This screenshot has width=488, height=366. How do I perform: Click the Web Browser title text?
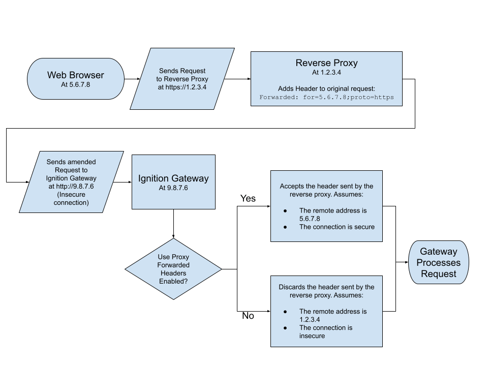pyautogui.click(x=75, y=75)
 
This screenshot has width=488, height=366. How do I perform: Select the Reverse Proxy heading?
pyautogui.click(x=326, y=63)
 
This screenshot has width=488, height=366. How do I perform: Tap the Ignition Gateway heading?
pyautogui.click(x=173, y=178)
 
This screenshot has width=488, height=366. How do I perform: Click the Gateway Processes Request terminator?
pyautogui.click(x=438, y=262)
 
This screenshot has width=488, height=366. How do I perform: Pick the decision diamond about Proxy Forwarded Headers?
pyautogui.click(x=174, y=269)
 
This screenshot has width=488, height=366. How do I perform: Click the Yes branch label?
pyautogui.click(x=248, y=198)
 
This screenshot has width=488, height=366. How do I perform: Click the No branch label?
pyautogui.click(x=248, y=316)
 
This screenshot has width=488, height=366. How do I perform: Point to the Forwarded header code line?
pyautogui.click(x=326, y=97)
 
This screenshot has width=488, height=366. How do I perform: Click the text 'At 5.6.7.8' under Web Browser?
pyautogui.click(x=75, y=84)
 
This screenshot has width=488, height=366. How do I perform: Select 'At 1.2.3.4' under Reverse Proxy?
pyautogui.click(x=326, y=72)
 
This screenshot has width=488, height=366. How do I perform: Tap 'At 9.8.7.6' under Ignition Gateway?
pyautogui.click(x=173, y=188)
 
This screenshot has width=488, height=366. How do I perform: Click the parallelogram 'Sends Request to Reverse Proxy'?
pyautogui.click(x=182, y=79)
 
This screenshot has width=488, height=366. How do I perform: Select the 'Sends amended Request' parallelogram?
pyautogui.click(x=71, y=181)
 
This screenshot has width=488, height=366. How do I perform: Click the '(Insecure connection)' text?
pyautogui.click(x=71, y=199)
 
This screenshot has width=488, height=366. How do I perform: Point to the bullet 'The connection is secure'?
pyautogui.click(x=337, y=227)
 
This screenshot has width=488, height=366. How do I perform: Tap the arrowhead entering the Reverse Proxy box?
pyautogui.click(x=249, y=79)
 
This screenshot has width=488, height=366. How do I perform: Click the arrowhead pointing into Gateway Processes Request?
pyautogui.click(x=407, y=262)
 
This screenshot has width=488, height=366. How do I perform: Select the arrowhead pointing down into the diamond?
pyautogui.click(x=174, y=236)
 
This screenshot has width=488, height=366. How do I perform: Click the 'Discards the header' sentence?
pyautogui.click(x=326, y=291)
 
